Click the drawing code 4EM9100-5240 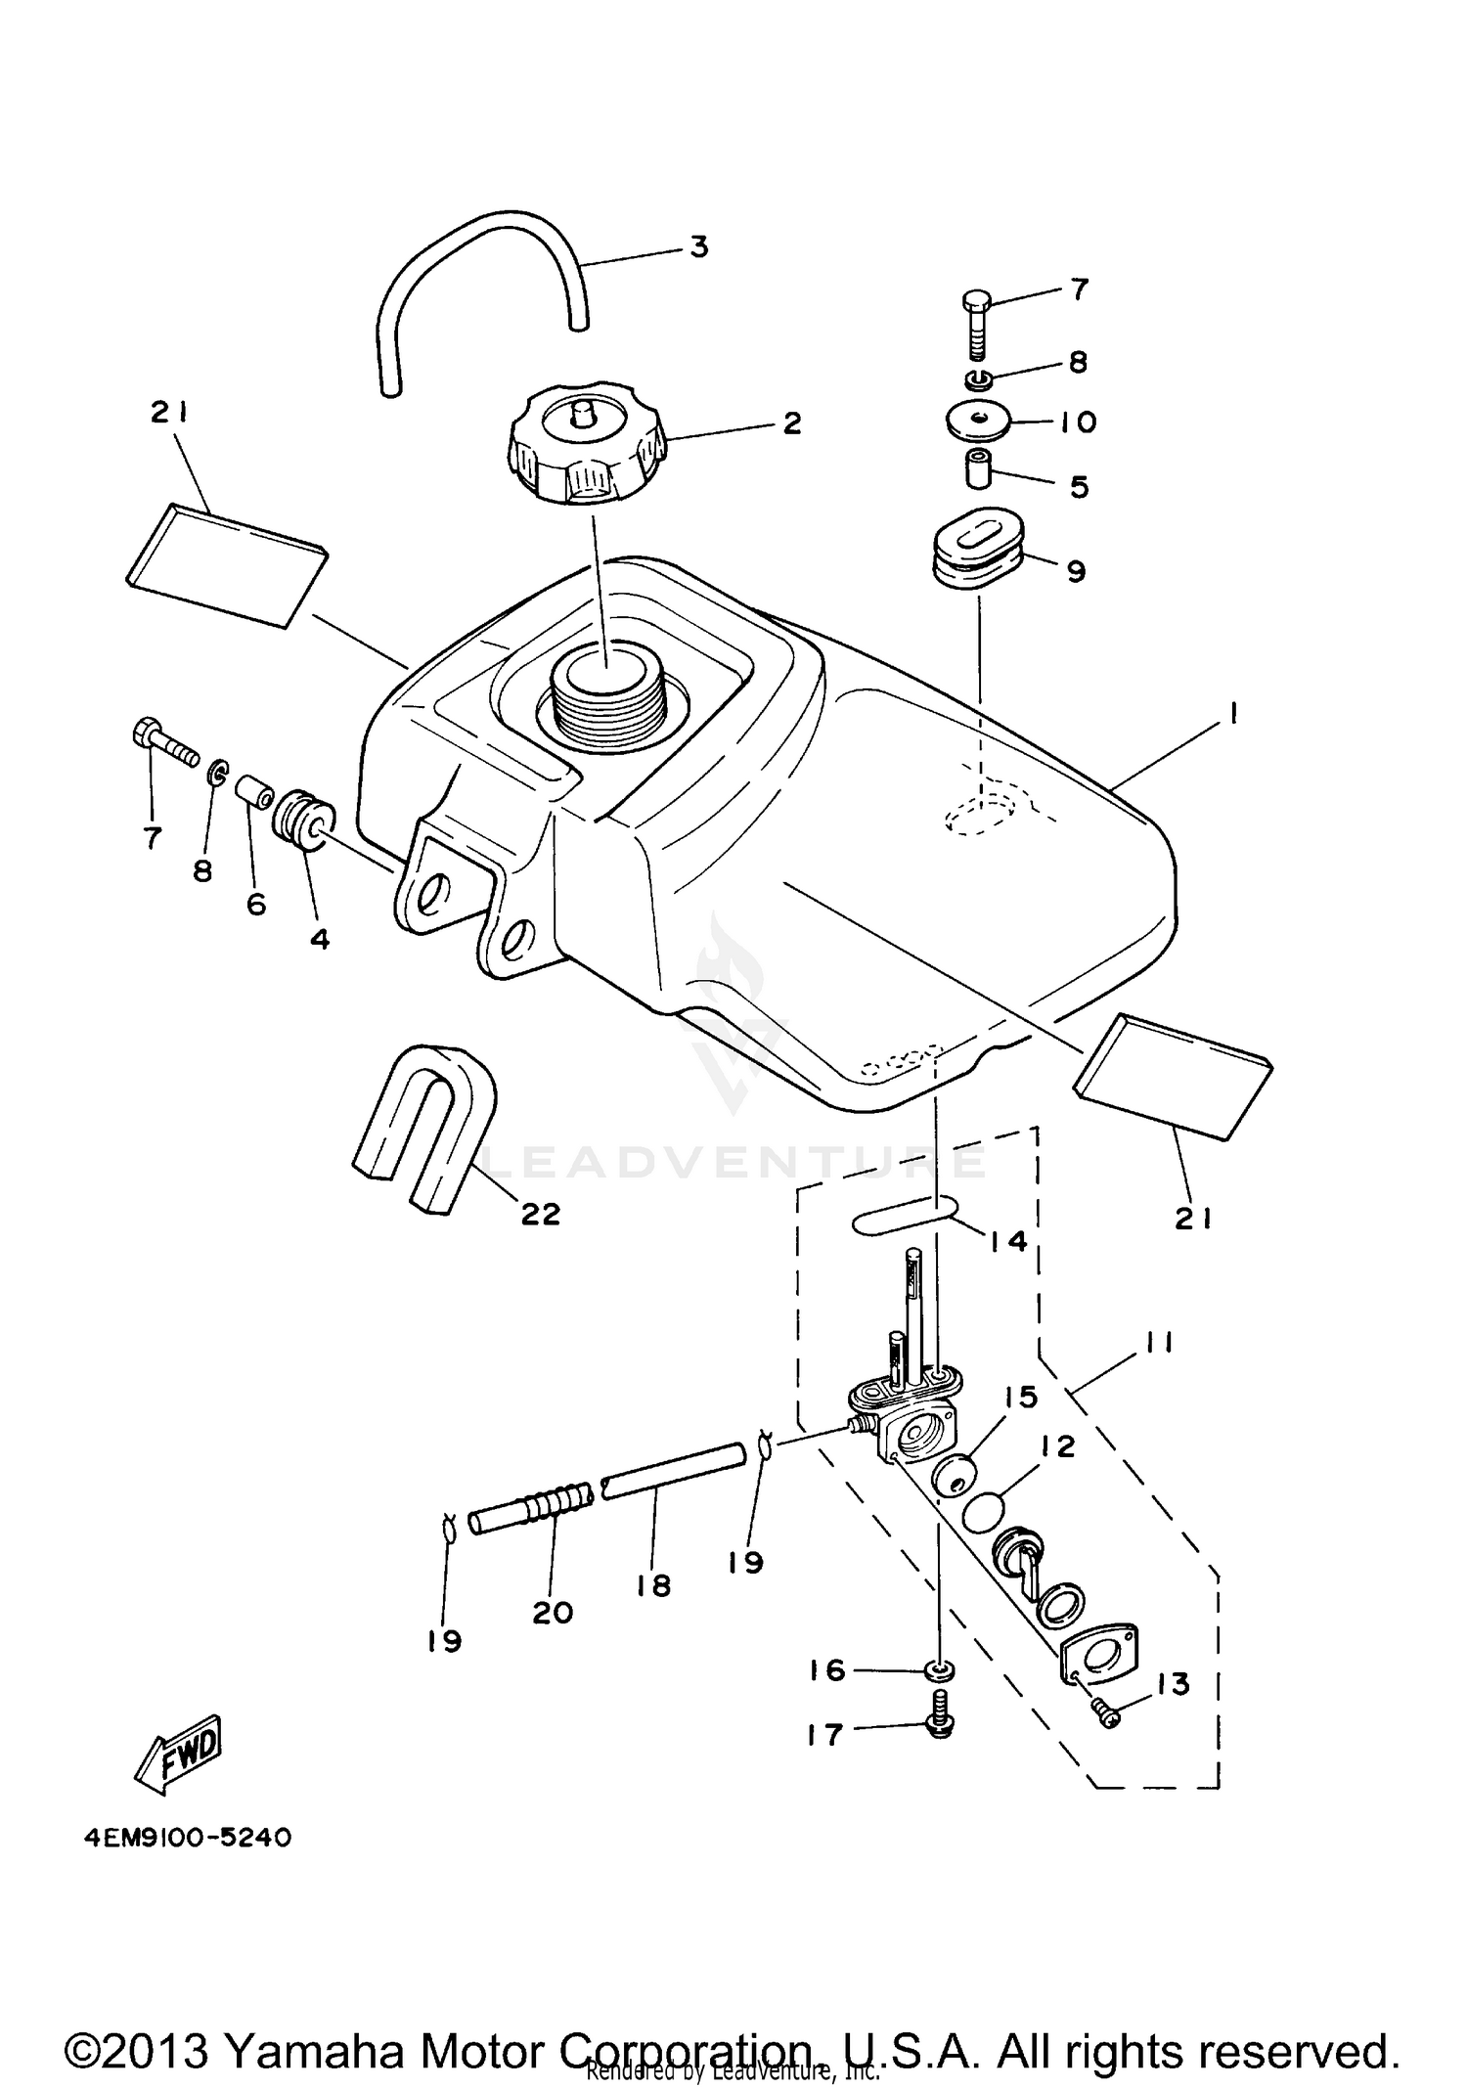[x=187, y=1838]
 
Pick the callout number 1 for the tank [x=1234, y=716]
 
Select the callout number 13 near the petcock [x=1173, y=1684]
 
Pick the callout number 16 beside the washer [x=828, y=1669]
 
